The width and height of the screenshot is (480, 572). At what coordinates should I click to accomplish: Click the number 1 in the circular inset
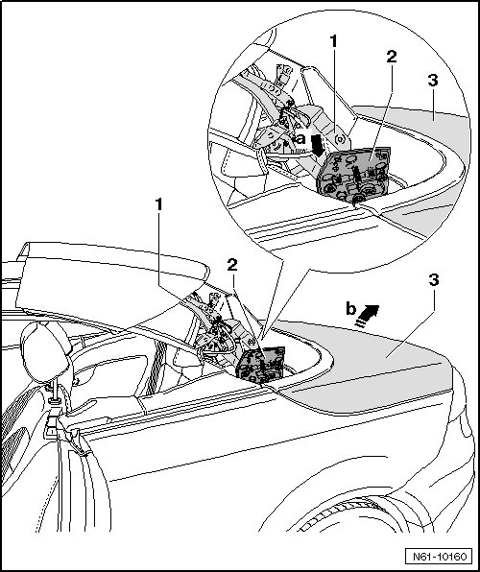click(x=334, y=42)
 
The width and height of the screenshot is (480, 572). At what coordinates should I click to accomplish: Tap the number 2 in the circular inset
click(x=391, y=57)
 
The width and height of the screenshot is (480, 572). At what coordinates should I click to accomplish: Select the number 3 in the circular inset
click(x=433, y=81)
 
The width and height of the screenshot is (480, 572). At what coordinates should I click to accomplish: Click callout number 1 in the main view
click(x=158, y=204)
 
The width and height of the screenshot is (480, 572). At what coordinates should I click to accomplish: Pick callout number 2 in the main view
click(x=232, y=265)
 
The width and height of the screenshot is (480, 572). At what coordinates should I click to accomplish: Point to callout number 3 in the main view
click(x=434, y=280)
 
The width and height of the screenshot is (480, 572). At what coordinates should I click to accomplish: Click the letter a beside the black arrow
click(x=300, y=139)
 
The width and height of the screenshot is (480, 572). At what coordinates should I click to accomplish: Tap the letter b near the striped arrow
click(x=350, y=309)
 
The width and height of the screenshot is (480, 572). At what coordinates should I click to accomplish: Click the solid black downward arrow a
click(x=319, y=146)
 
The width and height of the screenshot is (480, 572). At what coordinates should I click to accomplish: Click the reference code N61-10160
click(x=440, y=557)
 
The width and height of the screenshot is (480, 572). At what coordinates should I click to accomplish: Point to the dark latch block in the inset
click(x=353, y=175)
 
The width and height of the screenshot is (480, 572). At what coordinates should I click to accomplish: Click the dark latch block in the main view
click(x=259, y=365)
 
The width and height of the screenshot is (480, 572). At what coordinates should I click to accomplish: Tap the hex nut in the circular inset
click(x=340, y=139)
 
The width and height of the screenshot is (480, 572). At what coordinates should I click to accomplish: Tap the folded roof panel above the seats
click(x=109, y=281)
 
